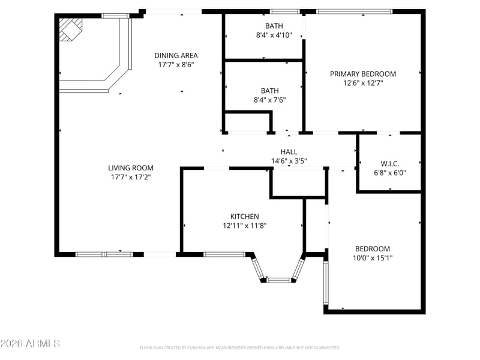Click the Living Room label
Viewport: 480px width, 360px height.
[x=131, y=168]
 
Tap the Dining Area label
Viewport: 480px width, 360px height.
[x=176, y=55]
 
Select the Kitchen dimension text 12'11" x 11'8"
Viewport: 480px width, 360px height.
[x=245, y=226]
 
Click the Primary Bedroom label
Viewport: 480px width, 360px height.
[x=363, y=74]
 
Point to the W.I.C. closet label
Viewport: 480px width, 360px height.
[x=390, y=163]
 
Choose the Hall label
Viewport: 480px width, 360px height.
[x=289, y=152]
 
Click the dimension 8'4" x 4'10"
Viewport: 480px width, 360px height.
[x=274, y=35]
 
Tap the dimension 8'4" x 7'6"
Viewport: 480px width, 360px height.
[x=269, y=100]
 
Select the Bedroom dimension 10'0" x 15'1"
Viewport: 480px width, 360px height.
[x=373, y=258]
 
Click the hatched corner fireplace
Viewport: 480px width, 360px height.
[x=71, y=29]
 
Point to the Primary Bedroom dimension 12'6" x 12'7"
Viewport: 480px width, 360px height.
[x=363, y=83]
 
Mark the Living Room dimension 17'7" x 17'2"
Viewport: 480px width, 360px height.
[x=131, y=177]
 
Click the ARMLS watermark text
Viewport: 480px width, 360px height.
[x=30, y=343]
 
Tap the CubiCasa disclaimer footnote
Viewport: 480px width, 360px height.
[x=239, y=348]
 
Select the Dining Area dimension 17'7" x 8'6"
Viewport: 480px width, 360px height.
[x=176, y=65]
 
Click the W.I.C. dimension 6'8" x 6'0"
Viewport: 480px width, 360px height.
[x=390, y=173]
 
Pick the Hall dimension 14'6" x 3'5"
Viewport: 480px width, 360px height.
[x=289, y=161]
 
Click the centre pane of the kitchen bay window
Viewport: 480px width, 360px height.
[x=279, y=280]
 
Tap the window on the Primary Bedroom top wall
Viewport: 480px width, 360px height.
[x=354, y=11]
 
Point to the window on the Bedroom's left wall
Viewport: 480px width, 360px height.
[x=326, y=282]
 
